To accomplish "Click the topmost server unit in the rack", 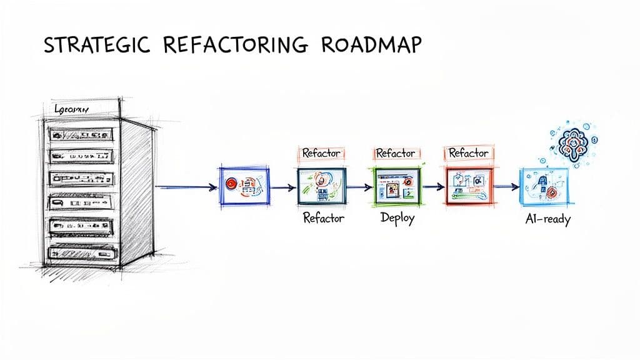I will (81, 133).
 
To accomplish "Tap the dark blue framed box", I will (244, 185).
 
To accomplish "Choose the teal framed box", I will (321, 185).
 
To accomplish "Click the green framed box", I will (396, 185).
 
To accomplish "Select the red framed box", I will (467, 185).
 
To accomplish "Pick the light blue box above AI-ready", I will (543, 186).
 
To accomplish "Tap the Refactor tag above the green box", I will (396, 153).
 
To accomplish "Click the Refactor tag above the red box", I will (468, 153).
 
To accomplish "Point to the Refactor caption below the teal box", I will (324, 218).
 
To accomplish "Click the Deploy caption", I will (397, 219).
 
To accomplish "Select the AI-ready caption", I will (547, 219).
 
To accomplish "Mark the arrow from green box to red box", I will (432, 186).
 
